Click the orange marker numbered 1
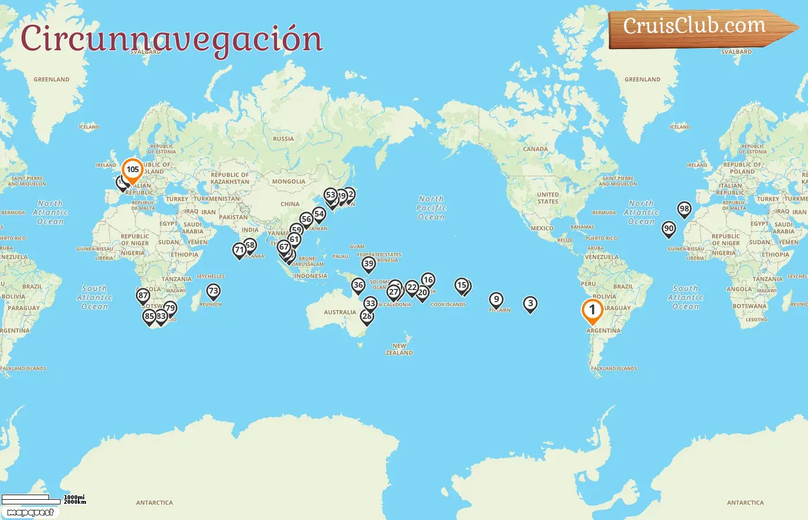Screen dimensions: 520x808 592,310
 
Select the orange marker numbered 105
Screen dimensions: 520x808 133,170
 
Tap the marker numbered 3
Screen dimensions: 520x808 530,303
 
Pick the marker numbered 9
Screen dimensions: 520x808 496,299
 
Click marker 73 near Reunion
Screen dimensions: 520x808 214,291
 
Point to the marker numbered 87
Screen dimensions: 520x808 143,295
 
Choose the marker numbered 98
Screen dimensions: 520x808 684,209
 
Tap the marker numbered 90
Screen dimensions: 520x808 668,229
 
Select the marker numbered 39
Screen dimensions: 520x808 369,264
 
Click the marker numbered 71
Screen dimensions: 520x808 239,250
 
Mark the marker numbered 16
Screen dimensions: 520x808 428,280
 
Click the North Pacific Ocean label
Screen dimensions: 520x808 431,208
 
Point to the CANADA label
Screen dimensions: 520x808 535,149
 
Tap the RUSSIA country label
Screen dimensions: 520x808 283,139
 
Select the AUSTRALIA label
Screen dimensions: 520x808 339,313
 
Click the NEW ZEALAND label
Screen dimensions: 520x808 399,349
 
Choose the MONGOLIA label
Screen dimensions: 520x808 289,181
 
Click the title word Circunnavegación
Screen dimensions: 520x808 171,39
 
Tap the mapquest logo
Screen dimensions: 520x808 30,512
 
